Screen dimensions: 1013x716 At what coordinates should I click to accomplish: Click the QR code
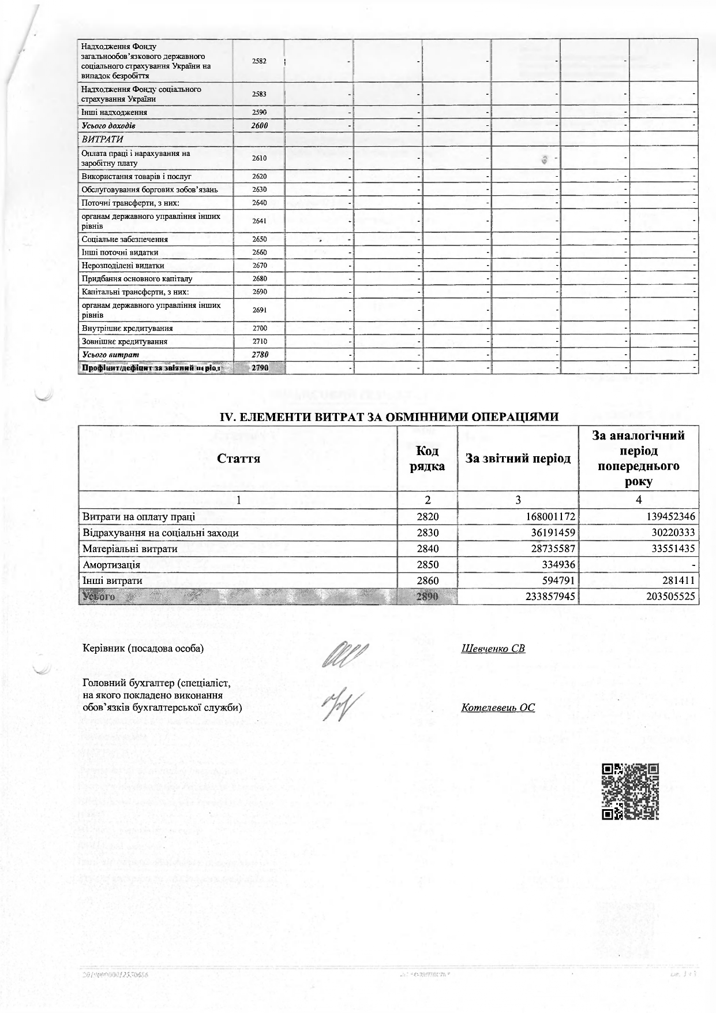click(630, 791)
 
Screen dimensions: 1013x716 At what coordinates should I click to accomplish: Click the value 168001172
click(546, 517)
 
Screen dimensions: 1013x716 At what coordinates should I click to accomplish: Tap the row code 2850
click(428, 565)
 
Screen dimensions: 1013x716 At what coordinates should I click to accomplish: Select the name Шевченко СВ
click(493, 649)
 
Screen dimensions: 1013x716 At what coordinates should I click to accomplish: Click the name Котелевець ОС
click(498, 707)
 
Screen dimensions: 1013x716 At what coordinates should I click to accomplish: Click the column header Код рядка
click(428, 459)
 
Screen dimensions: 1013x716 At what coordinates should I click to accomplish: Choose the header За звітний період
click(518, 459)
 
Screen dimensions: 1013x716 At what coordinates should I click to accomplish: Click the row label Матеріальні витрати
click(130, 549)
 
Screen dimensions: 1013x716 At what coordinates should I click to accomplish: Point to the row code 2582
click(260, 61)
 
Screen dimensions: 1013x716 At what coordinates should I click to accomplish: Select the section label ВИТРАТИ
click(103, 140)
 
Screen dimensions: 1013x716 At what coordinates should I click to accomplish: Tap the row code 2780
click(260, 355)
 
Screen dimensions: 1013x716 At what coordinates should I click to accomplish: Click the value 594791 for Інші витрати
click(557, 581)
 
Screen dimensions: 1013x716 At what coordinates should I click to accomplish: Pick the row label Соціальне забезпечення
click(125, 239)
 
